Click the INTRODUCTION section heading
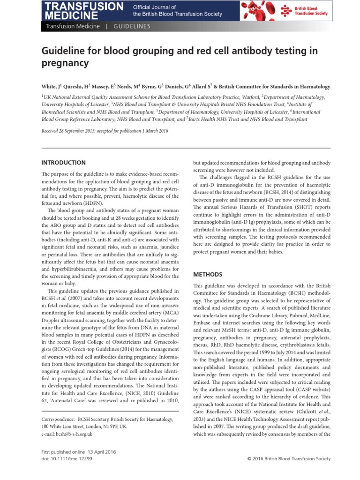(64, 163)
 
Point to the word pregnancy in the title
(65, 62)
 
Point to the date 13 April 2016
(98, 451)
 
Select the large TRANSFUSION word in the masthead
(84, 6)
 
